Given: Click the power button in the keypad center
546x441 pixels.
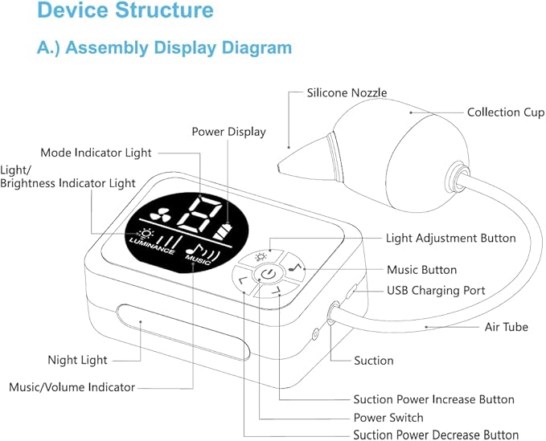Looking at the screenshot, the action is pos(268,274).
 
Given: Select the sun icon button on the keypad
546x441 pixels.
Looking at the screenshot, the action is pos(261,257).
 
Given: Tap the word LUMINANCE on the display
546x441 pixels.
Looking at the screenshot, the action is pos(152,246).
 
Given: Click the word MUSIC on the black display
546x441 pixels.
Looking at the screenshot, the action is pos(198,259).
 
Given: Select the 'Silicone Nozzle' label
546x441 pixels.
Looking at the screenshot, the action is pos(347,93).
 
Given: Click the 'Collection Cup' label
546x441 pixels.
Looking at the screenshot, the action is pos(506,112).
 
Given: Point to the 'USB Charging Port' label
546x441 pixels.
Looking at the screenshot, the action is pos(436,291).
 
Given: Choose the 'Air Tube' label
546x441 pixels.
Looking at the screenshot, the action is pos(507,327).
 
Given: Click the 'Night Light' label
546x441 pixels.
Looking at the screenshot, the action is pos(77,360).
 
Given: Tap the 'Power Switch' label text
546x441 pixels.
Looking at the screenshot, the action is pos(388,418).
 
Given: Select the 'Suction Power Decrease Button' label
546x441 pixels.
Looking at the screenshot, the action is pos(436,435).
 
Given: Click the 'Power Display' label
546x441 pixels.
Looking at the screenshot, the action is pos(229,132).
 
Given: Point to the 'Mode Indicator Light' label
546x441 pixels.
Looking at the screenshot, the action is pos(96,153).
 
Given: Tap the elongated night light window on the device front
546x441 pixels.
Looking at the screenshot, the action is pos(183,332).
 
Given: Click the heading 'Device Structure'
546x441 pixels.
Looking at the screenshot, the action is pos(125,10).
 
